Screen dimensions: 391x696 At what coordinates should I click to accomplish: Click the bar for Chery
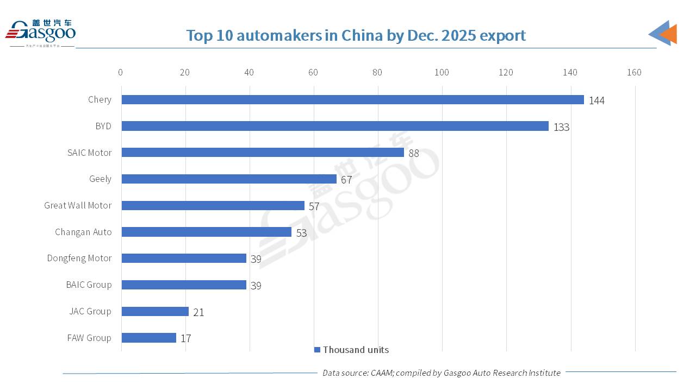352,100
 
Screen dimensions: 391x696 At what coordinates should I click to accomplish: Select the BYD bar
335,126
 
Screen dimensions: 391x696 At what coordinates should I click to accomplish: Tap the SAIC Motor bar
263,153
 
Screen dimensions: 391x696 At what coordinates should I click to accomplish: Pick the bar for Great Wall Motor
213,205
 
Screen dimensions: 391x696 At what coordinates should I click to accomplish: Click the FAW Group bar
148,338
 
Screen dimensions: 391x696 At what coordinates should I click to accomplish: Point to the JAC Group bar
155,311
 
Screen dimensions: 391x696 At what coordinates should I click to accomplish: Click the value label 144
596,100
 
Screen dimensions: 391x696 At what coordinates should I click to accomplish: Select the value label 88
414,154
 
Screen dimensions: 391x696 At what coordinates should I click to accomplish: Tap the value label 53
301,233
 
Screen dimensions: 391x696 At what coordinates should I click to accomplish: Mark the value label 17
185,339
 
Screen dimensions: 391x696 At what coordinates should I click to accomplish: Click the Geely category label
100,179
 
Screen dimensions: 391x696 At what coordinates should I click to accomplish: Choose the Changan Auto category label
83,232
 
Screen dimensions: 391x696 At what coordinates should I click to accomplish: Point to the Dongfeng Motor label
79,258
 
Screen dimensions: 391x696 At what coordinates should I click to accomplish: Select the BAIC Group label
89,285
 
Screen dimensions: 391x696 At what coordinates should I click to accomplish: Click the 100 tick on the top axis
442,72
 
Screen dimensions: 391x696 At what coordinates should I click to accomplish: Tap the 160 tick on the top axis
634,72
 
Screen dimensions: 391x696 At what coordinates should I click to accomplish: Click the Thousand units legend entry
352,350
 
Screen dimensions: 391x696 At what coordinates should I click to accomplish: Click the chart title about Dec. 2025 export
356,35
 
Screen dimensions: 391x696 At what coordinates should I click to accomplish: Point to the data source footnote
441,373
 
